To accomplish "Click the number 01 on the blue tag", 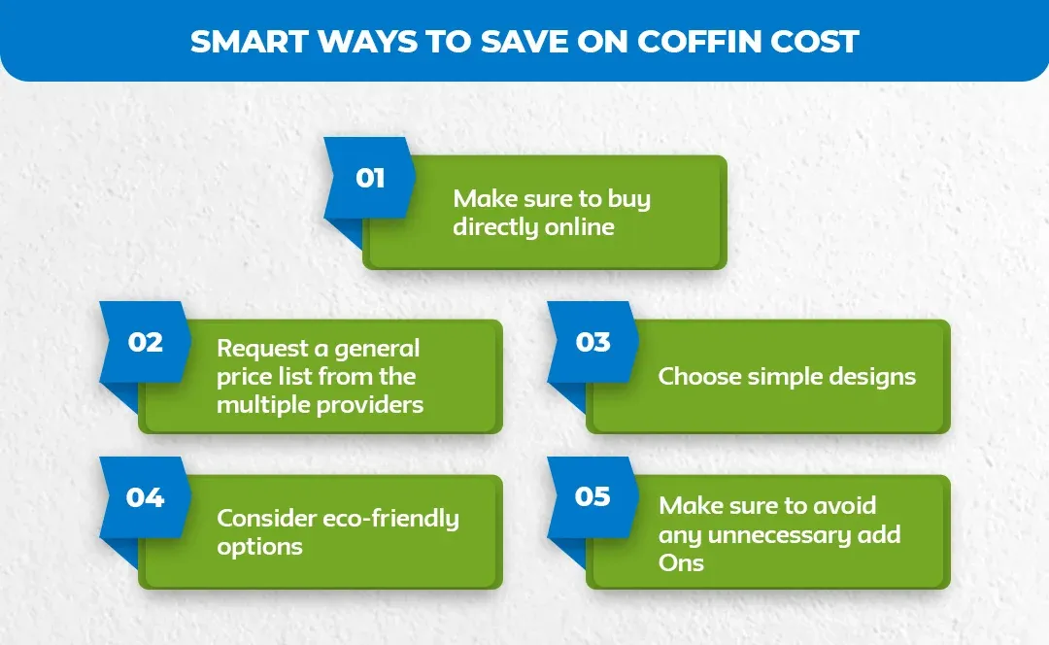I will pos(370,179).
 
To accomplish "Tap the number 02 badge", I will pos(146,343).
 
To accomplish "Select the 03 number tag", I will pos(592,343).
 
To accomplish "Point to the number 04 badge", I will pos(146,497).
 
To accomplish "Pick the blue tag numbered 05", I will pos(592,497).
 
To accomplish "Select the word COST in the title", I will pos(816,42).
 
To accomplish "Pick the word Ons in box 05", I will pos(681,562).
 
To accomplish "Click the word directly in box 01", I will pos(494,227).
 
